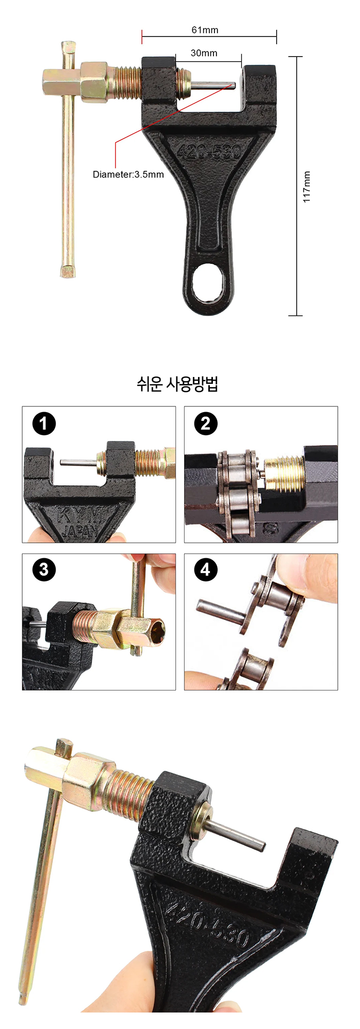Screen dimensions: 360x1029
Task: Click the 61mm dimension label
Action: pos(205,30)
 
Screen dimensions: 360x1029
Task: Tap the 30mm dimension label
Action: pos(204,53)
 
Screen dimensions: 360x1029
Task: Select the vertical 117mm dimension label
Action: pos(307,187)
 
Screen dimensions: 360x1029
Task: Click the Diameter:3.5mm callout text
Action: pos(128,174)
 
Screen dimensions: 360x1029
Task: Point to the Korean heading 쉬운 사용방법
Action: pos(177,384)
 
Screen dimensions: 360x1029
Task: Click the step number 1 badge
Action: pos(44,424)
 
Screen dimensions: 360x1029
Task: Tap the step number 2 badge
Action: pos(206,424)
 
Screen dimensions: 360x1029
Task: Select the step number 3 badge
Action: pos(44,570)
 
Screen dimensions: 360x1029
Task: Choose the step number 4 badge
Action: pos(206,570)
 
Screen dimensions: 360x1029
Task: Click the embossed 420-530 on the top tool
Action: pos(209,151)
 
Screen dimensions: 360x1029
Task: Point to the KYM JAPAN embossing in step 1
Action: pos(81,523)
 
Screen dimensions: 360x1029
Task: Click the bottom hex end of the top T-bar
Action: pos(67,271)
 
